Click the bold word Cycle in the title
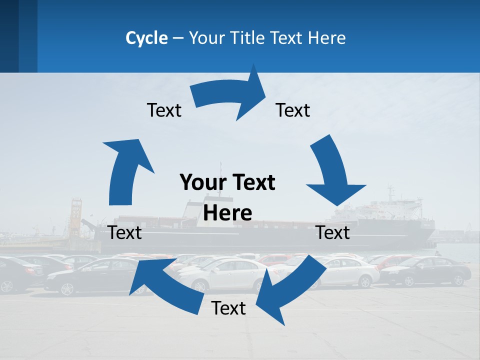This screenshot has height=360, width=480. pos(146,38)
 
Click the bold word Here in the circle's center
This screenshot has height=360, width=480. pos(227,213)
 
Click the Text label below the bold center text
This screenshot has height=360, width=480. pos(228,308)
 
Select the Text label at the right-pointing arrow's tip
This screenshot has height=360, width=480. pos(293,110)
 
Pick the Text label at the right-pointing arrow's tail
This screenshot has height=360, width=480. pos(164,110)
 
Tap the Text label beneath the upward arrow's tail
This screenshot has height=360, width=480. pos(124,232)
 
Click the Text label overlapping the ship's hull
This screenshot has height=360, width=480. pos(333,232)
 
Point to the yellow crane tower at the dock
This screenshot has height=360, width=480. pos(76,215)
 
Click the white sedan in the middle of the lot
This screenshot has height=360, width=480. pos(227,274)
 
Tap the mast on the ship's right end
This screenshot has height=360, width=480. pos(390,193)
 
